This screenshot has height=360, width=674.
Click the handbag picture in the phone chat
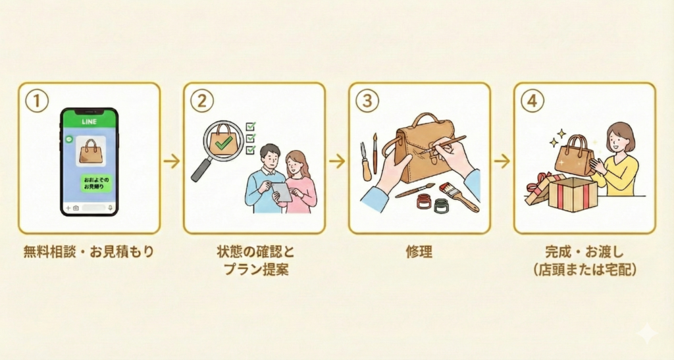(89, 151)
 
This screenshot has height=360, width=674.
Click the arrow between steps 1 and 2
(172, 161)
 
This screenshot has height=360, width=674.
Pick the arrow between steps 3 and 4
(502, 161)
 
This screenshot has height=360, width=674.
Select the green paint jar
(441, 205)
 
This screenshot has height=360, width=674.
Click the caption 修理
(419, 251)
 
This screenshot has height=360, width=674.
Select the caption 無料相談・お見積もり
(88, 251)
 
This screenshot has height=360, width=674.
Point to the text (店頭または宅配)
(584, 270)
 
